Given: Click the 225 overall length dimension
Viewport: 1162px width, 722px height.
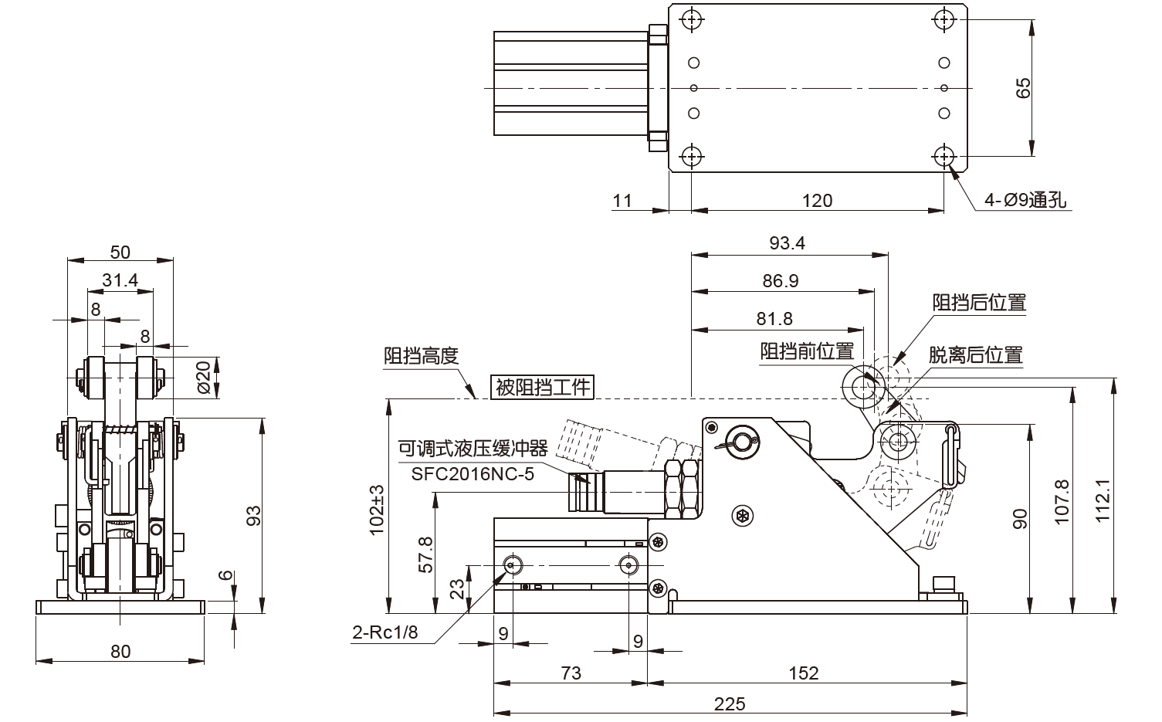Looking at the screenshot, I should pos(730,703).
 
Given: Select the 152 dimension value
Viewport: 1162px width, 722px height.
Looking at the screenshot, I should pos(803,673).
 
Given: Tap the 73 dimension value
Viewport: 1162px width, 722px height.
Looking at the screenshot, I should pos(571,673).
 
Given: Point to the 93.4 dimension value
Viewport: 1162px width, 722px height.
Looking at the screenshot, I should pos(787,243).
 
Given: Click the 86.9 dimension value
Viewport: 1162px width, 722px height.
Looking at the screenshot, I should pos(780,281).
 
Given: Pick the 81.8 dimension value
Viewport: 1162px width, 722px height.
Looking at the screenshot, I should pos(774,319).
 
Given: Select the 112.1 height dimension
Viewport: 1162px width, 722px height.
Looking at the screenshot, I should pos(1103,500).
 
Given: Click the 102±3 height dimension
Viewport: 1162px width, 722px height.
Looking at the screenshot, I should pos(378,510).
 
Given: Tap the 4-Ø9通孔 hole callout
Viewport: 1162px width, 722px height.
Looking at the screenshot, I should pos(1025,200).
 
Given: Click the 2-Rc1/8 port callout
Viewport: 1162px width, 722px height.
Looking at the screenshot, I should pos(385,633).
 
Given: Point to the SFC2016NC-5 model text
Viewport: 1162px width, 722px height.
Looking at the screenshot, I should pos(473,473).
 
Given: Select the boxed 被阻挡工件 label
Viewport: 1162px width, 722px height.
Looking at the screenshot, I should pos(543,387).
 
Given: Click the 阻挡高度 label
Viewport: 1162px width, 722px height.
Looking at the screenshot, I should pos(422,356).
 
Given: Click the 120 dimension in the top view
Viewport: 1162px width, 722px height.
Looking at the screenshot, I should pos(817,201).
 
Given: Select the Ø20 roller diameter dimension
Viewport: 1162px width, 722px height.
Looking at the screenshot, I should pos(204,377).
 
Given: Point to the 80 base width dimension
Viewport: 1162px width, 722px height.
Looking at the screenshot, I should pos(120,651).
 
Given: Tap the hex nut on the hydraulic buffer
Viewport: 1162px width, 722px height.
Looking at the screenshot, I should pos(683,489).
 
